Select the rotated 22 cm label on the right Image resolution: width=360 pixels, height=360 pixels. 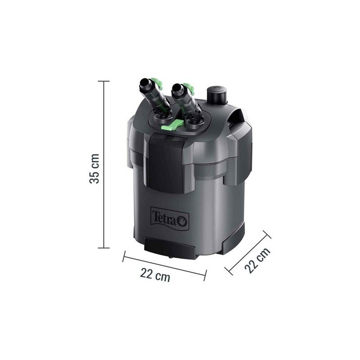click(x=252, y=261)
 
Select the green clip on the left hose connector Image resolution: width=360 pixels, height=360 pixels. click(x=157, y=83)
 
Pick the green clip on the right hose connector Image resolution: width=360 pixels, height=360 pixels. click(x=189, y=86)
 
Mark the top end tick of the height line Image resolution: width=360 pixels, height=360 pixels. click(x=104, y=81)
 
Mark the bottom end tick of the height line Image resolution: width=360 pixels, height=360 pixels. click(x=104, y=247)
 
